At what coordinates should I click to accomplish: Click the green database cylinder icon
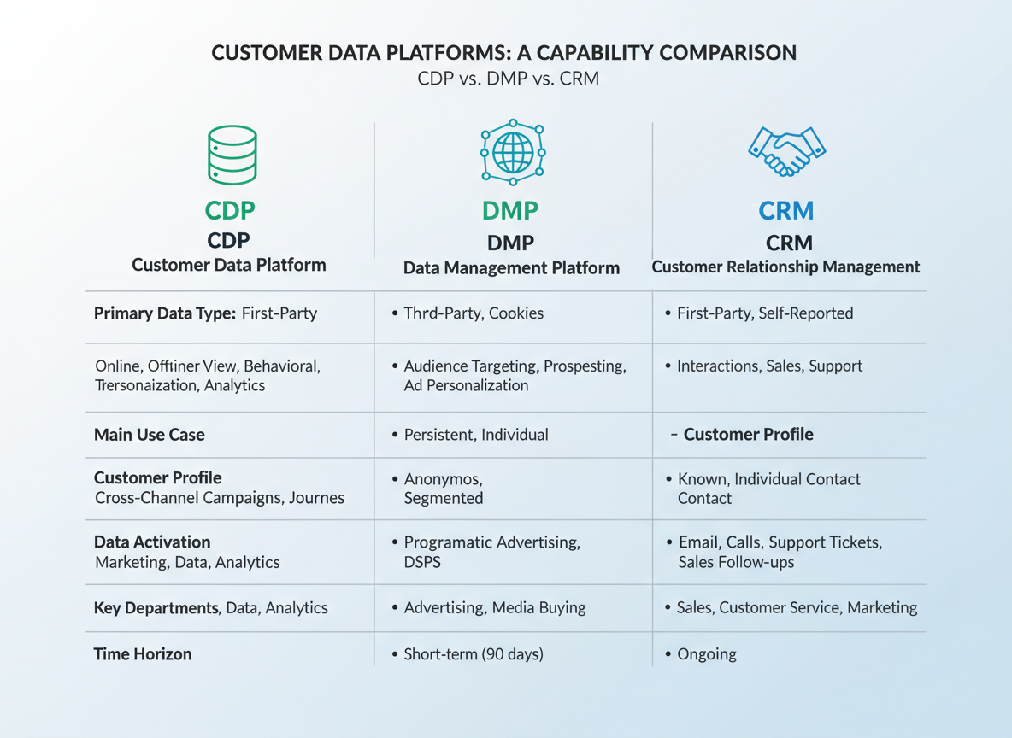232,155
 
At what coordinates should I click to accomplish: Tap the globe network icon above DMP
512,152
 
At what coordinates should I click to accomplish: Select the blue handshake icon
786,151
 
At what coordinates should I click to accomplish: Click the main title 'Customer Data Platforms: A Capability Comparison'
504,52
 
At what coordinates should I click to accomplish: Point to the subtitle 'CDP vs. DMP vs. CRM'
508,78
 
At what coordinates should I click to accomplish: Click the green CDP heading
230,210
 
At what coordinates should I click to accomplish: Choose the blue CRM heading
785,210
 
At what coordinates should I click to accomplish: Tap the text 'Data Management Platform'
511,268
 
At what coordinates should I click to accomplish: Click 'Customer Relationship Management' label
785,266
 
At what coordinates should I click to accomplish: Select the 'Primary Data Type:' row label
165,313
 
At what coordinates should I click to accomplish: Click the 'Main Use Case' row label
150,435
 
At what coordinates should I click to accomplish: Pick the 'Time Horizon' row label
143,654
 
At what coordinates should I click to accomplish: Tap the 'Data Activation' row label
152,542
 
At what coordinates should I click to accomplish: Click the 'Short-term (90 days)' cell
474,654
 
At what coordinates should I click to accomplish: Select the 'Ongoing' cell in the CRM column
706,654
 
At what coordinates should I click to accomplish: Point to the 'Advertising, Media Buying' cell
495,608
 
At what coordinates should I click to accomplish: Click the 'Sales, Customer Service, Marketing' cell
797,608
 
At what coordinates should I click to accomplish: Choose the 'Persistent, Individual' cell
476,435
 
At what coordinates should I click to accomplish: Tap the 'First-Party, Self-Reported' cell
765,313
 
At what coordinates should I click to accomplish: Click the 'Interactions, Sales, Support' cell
769,366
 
